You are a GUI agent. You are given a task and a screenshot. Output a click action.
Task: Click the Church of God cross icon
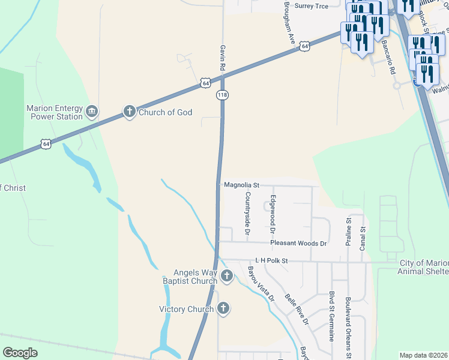click(x=129, y=111)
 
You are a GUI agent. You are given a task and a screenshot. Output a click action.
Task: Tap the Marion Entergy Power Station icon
click(x=92, y=111)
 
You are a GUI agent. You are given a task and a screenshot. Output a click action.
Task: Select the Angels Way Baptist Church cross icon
click(x=226, y=276)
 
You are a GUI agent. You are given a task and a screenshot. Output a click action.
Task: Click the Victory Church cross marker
click(x=223, y=309)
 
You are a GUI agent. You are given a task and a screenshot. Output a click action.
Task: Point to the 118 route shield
click(x=223, y=95)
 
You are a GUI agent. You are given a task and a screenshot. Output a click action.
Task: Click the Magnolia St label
click(x=241, y=185)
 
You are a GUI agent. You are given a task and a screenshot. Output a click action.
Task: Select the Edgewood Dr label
click(x=273, y=214)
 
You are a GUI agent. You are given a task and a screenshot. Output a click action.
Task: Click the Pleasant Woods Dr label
click(x=298, y=243)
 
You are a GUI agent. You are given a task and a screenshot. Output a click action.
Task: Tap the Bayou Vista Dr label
click(x=261, y=284)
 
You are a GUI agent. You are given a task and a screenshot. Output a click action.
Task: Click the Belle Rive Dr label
click(x=297, y=310)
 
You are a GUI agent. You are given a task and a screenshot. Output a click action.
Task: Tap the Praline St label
click(x=348, y=233)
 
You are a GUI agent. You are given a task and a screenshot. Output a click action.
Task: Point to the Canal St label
click(x=363, y=238)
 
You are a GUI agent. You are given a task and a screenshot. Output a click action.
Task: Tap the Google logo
click(x=20, y=353)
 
